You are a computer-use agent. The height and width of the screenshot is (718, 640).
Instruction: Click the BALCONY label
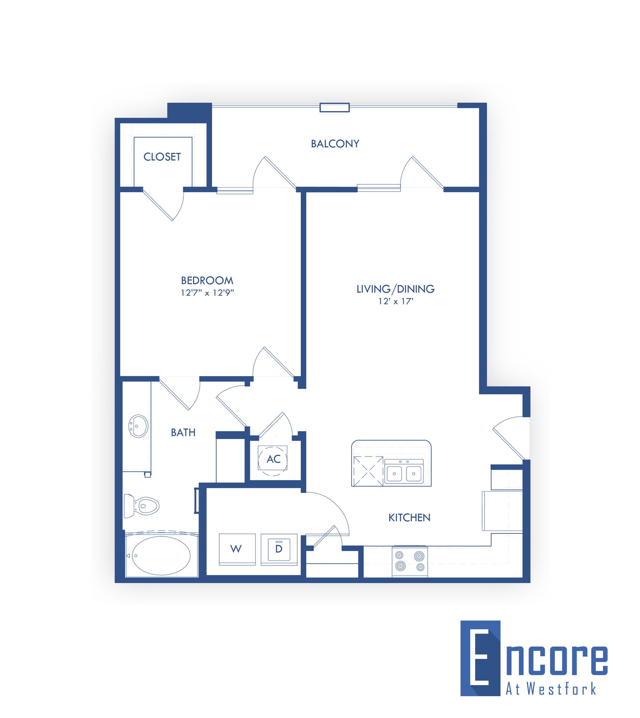click(335, 144)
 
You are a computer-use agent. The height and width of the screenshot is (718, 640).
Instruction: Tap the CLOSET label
click(162, 157)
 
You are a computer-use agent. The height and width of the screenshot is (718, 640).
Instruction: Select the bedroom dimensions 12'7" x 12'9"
click(207, 293)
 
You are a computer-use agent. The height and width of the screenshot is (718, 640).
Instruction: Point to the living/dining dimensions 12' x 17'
click(396, 301)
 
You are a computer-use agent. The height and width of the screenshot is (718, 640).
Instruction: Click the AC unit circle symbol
click(273, 459)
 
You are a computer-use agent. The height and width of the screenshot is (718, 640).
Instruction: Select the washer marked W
click(237, 549)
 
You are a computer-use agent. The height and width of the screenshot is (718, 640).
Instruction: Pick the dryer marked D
click(279, 549)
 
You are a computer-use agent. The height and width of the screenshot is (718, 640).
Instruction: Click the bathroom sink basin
click(138, 426)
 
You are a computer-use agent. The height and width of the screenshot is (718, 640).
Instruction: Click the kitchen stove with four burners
click(410, 562)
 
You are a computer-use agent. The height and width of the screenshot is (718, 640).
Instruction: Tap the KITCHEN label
click(409, 517)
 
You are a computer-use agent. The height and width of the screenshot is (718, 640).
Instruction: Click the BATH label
click(183, 432)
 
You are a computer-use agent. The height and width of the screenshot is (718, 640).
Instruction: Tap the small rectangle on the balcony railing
click(334, 107)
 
